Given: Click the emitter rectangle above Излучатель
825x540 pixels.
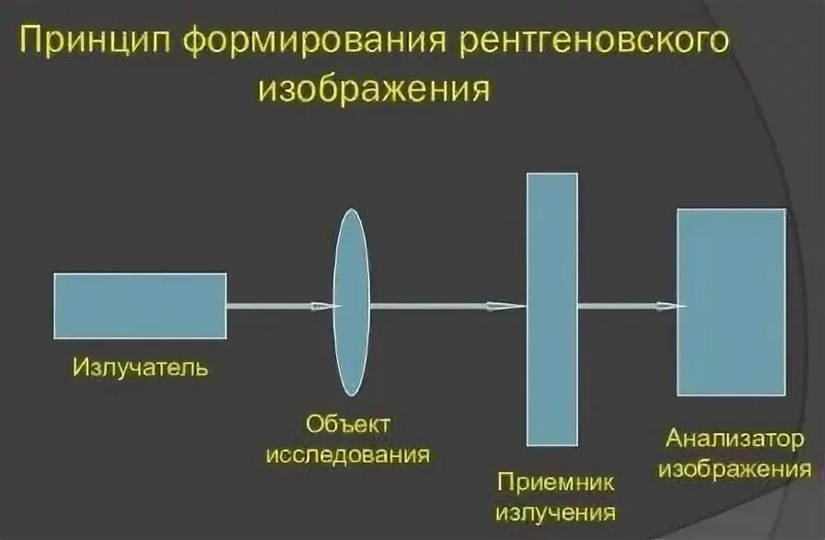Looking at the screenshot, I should click(x=140, y=305).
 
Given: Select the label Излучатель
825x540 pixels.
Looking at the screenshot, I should click(x=141, y=369).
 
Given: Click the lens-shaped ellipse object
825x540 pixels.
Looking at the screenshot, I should click(x=351, y=302).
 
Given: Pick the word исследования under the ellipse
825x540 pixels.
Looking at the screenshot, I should click(x=348, y=454).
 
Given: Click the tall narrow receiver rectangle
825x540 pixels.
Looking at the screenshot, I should click(x=552, y=309).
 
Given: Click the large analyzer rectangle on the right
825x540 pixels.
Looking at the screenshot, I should click(x=731, y=302).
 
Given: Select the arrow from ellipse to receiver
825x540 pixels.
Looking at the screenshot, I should click(x=446, y=306).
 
